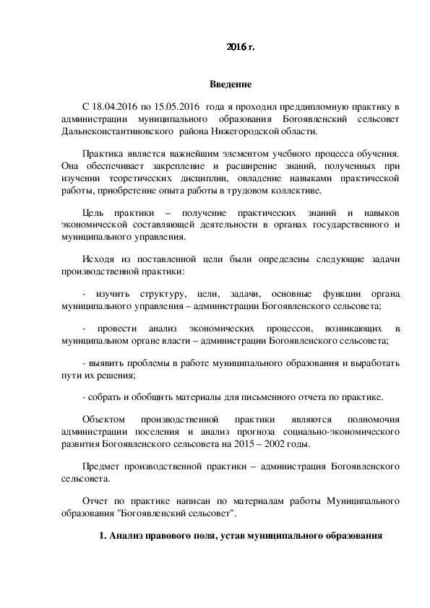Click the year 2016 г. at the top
point(240,48)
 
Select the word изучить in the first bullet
point(113,294)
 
